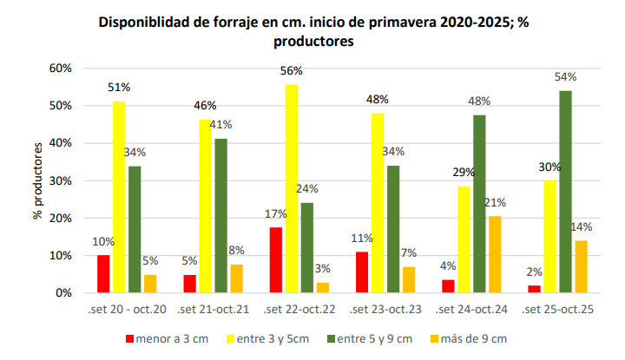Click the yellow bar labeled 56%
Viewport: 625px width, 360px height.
pos(292,188)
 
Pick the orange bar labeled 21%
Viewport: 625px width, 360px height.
pos(495,254)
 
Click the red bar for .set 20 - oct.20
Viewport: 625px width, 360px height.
pos(103,274)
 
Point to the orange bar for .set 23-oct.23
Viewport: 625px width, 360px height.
pos(410,280)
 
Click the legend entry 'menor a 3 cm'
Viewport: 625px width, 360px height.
pos(170,338)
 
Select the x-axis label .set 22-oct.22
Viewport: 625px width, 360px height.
pos(299,309)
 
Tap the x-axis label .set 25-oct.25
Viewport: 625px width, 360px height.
pos(557,309)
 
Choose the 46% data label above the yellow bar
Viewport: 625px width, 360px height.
pos(206,106)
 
